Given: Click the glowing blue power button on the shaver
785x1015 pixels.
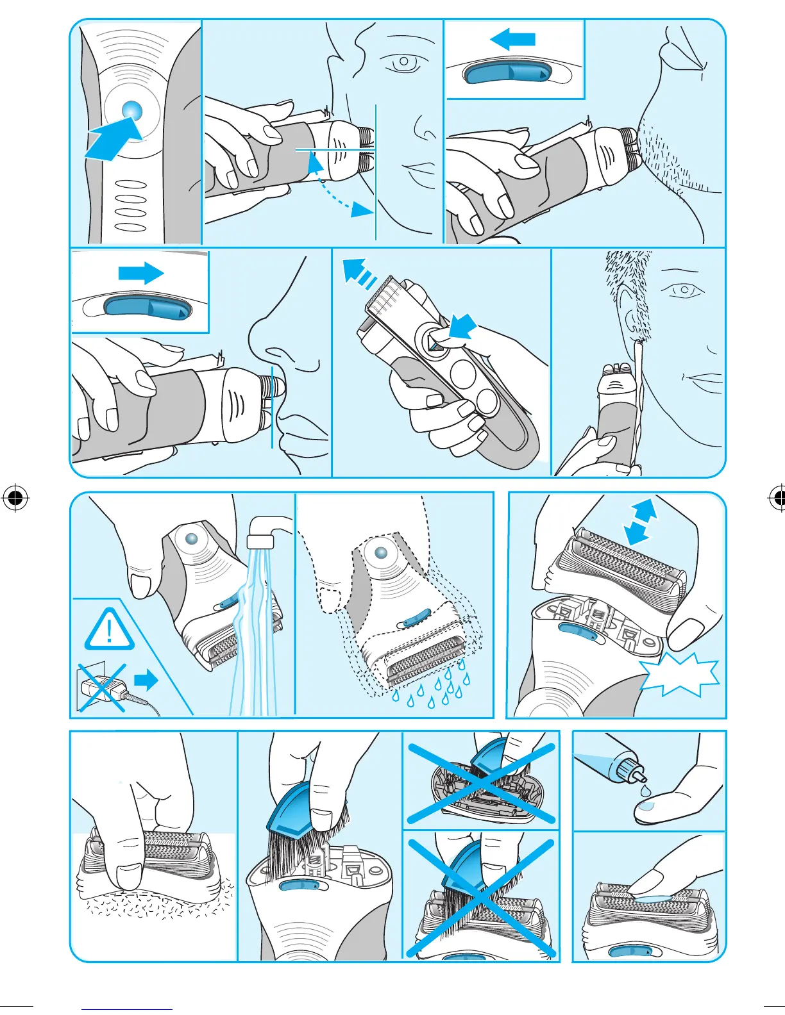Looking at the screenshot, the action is (131, 111).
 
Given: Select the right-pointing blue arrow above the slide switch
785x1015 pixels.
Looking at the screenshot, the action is (141, 273).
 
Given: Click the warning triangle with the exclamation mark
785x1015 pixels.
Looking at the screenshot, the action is (110, 631).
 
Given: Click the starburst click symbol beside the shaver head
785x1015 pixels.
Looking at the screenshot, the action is (680, 675).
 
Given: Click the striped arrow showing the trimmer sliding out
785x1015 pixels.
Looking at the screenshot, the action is (359, 272).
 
